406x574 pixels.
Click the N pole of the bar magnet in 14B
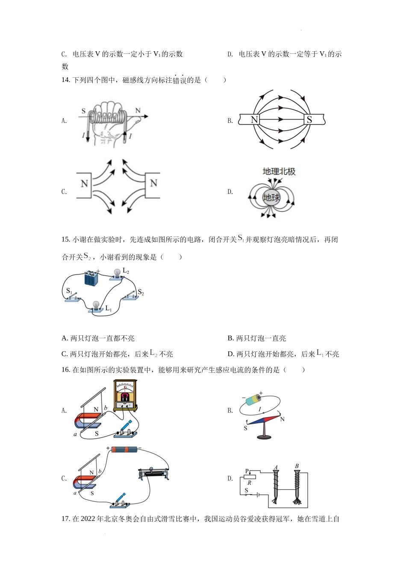(254, 120)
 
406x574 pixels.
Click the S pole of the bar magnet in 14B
(310, 120)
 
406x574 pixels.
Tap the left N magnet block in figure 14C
(85, 185)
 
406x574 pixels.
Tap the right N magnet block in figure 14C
(153, 185)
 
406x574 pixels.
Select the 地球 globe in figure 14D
(272, 197)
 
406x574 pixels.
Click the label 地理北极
(279, 172)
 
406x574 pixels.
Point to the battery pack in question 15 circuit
(91, 278)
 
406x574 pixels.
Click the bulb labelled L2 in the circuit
(117, 273)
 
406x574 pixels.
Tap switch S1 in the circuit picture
(74, 297)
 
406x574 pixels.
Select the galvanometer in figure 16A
(125, 395)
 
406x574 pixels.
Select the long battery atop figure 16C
(124, 449)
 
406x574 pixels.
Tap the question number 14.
(65, 80)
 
